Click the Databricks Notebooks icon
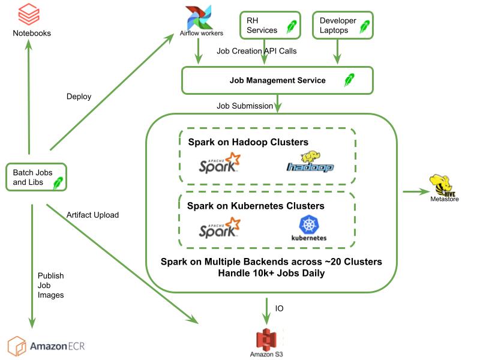click(x=29, y=14)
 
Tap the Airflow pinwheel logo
click(x=199, y=17)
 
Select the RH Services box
click(x=271, y=25)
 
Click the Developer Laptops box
click(x=343, y=25)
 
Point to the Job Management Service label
click(x=278, y=80)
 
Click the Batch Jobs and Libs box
click(x=36, y=177)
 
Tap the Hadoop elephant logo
click(x=310, y=161)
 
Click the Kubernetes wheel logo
click(x=309, y=224)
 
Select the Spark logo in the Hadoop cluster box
click(x=220, y=163)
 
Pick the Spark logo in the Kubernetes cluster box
click(x=220, y=228)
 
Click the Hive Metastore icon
click(x=442, y=185)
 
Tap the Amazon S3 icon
click(x=266, y=340)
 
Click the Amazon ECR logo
click(x=46, y=346)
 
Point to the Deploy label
click(x=79, y=97)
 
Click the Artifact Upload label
click(x=93, y=215)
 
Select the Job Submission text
click(x=245, y=106)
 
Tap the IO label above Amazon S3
click(x=279, y=308)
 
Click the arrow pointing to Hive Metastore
click(x=416, y=191)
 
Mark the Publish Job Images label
click(x=51, y=286)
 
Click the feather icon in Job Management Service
click(x=349, y=80)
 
